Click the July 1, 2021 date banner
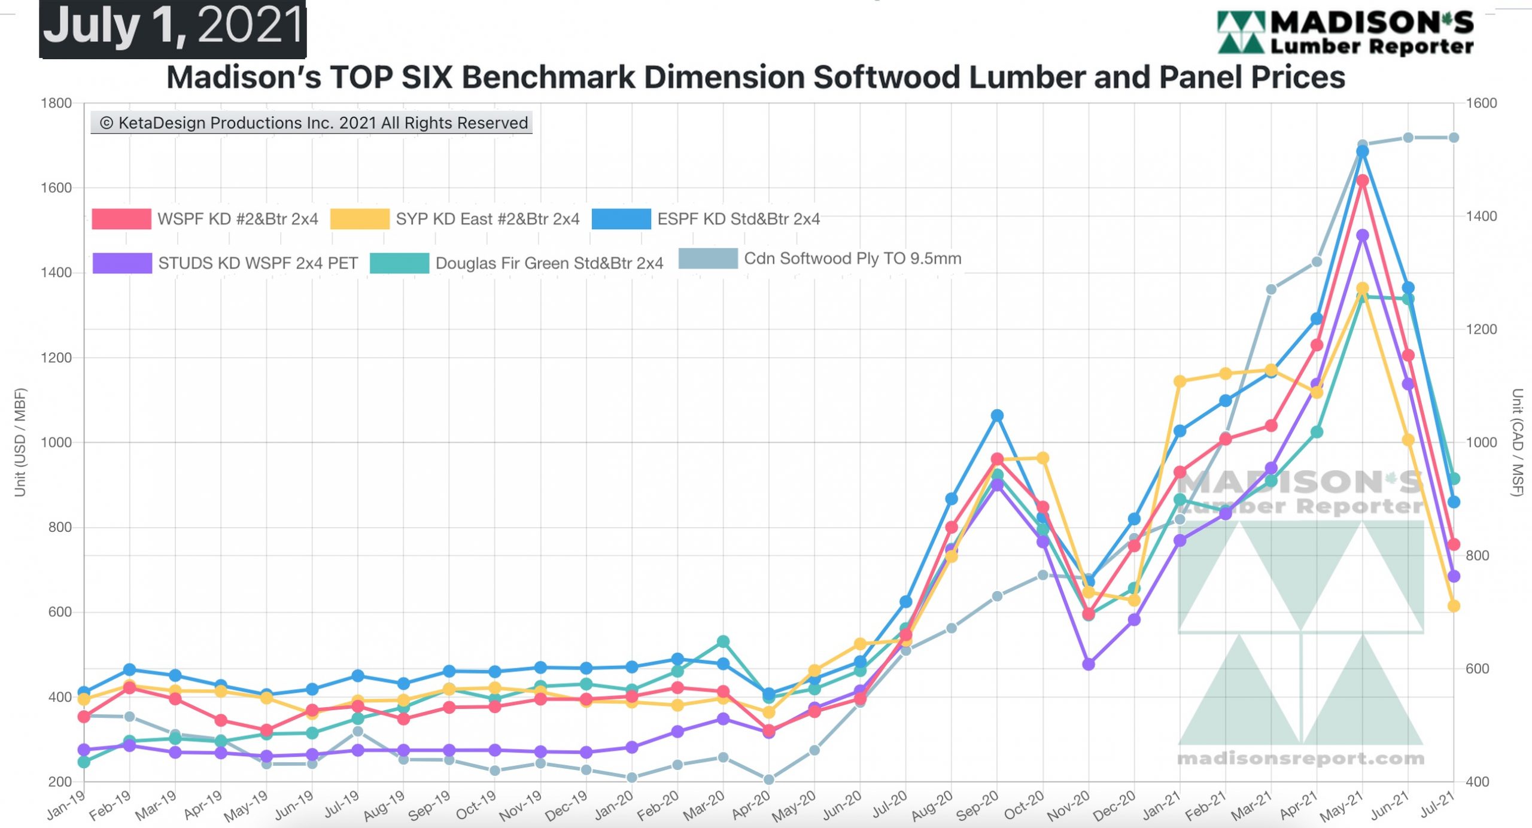pos(173,28)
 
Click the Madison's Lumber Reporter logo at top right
pos(1345,33)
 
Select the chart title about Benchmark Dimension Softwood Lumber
pos(756,77)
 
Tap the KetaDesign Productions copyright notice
pos(312,123)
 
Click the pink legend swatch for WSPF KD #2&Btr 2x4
pos(121,219)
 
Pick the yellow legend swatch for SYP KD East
pos(360,219)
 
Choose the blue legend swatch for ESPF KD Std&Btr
pos(621,219)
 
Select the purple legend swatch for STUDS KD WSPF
pos(122,263)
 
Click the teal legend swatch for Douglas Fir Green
pos(400,263)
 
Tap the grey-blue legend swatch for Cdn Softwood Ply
pos(708,258)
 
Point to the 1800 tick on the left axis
pos(56,103)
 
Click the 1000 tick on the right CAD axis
pos(1481,442)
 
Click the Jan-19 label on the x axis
pos(66,805)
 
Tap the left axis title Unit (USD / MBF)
pos(20,443)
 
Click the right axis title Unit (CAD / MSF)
pos(1516,443)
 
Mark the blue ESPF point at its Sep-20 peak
pos(997,415)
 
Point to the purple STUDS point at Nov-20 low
pos(1089,664)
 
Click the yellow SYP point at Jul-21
pos(1454,606)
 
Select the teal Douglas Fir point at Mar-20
pos(723,641)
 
